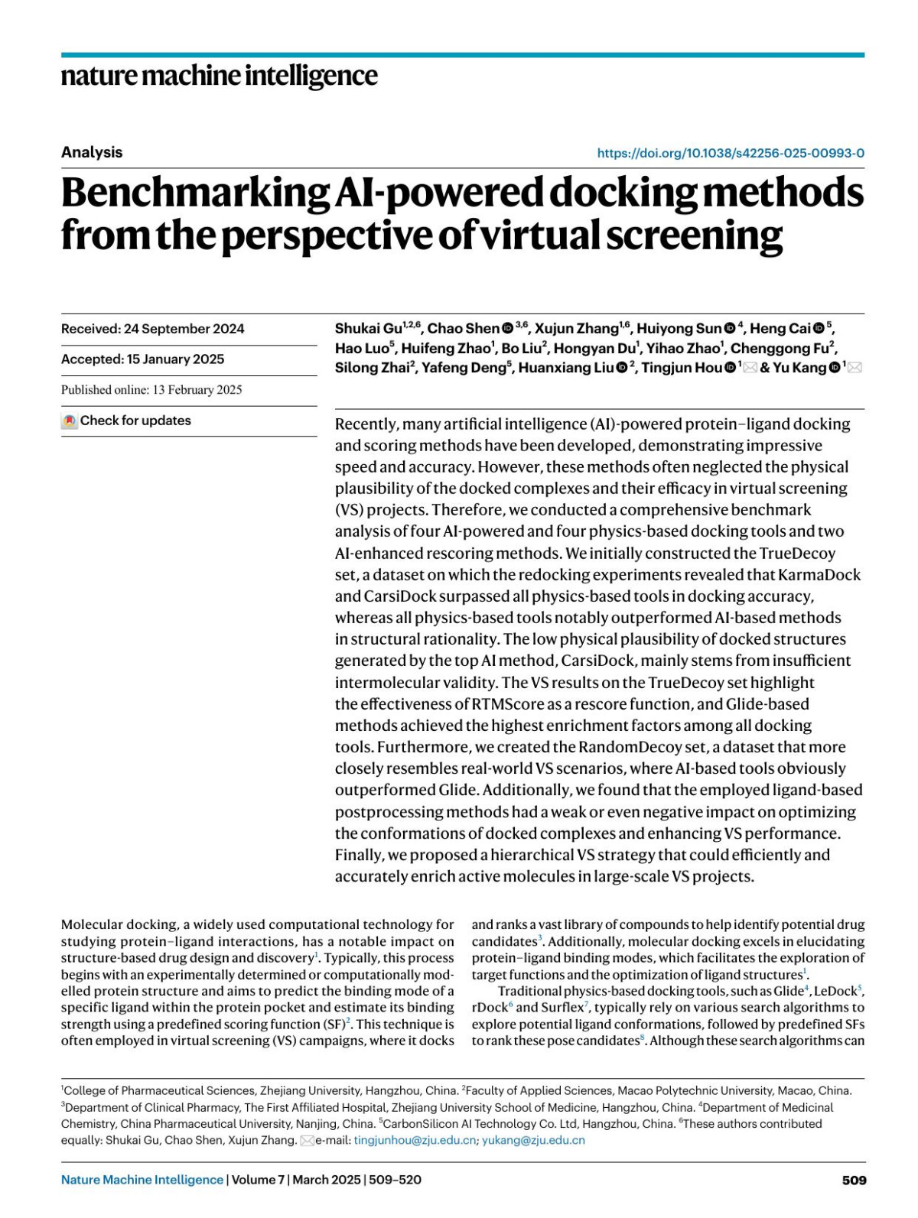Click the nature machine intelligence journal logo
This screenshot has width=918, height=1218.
point(219,76)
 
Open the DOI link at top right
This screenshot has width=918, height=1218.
point(731,153)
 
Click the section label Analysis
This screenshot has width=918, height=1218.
point(92,152)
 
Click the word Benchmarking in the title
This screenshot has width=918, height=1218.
point(195,193)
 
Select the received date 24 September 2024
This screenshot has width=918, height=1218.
point(184,329)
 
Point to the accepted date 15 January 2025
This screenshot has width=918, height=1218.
point(174,359)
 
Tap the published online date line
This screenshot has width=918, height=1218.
point(151,390)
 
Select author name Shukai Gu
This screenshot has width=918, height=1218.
point(368,329)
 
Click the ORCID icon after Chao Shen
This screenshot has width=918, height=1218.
point(508,329)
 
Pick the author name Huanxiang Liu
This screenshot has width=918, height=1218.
point(566,368)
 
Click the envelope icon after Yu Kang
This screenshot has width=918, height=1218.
point(855,368)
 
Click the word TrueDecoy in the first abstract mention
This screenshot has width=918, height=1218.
point(797,553)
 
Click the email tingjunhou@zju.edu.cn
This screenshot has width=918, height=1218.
point(415,1140)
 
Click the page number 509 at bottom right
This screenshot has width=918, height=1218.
point(854,1180)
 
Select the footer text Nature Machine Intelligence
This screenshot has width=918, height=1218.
point(142,1180)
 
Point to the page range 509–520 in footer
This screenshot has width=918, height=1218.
point(395,1180)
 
